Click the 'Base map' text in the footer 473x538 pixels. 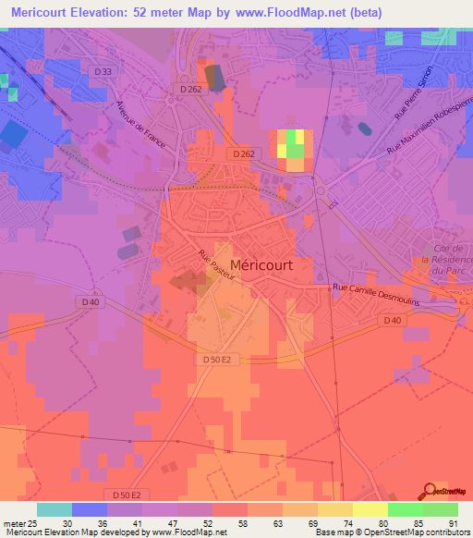coord(334,532)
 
